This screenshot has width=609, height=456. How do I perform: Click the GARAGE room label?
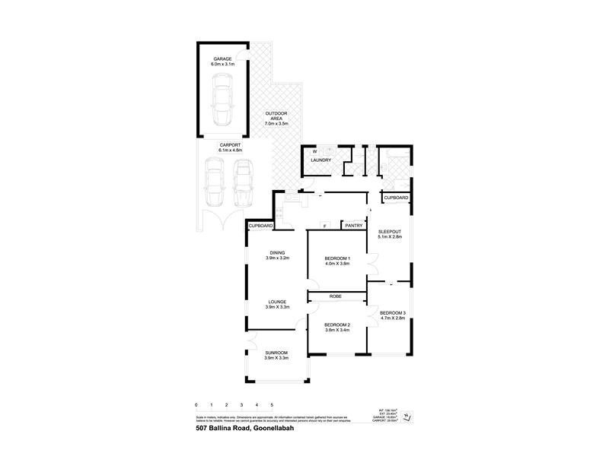coord(222,59)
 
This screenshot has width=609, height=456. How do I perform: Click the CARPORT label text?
coord(230,144)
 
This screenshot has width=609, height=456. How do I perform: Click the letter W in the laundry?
coord(314,152)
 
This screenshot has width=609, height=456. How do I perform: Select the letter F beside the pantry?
coord(325,226)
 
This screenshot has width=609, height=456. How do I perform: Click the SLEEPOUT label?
coord(389,233)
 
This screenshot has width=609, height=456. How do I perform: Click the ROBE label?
coord(335,296)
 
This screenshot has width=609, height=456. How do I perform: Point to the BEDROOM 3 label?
coord(394,313)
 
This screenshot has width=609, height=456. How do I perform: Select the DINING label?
coord(276,253)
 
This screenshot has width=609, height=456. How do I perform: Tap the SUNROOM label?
coord(276,353)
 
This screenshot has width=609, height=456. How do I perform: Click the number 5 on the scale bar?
coord(272,404)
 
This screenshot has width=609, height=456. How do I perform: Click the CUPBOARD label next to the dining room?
coord(260,226)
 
